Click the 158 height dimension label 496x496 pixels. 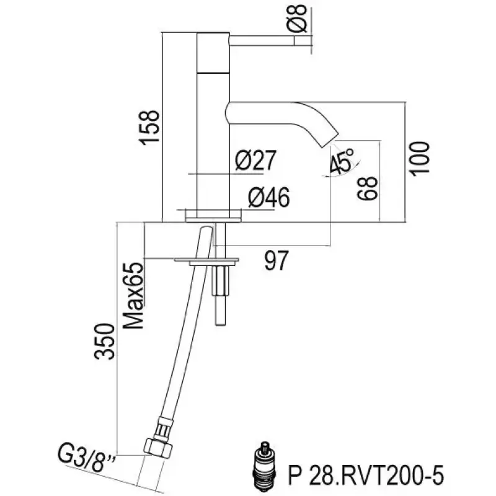[151, 128]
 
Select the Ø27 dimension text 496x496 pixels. [255, 162]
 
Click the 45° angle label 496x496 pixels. [342, 161]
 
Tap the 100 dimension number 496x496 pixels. [420, 158]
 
